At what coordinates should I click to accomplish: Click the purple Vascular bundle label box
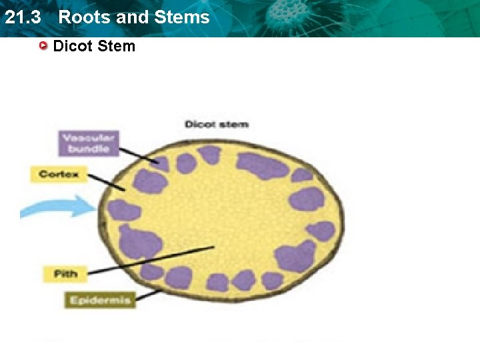89,143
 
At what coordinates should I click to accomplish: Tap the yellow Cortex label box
59,175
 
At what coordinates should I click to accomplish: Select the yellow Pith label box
65,273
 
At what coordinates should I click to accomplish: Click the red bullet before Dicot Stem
43,46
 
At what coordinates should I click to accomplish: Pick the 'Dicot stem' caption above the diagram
216,125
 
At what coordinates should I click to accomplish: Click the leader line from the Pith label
153,259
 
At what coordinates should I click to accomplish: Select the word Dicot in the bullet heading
73,46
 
